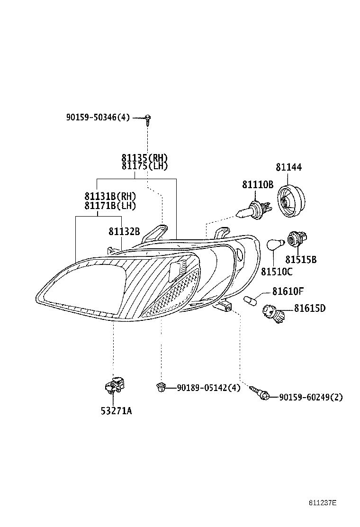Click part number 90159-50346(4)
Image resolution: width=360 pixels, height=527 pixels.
click(98, 118)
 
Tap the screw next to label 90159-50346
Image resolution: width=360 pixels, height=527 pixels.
click(148, 118)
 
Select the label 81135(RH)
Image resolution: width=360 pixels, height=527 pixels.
click(144, 158)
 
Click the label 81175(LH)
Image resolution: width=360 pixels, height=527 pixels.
click(144, 166)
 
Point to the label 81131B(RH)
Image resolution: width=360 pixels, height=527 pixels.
click(110, 196)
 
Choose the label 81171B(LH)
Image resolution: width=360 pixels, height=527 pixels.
click(110, 205)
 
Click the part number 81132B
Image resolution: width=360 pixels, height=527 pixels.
click(124, 231)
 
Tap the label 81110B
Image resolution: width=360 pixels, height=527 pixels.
click(258, 184)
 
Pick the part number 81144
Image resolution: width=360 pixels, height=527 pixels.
click(288, 167)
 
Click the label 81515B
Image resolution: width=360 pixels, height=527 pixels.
click(301, 260)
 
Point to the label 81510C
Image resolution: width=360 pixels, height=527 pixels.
click(277, 272)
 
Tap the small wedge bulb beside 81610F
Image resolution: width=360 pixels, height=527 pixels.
click(250, 300)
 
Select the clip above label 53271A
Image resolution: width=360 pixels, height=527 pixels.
click(114, 385)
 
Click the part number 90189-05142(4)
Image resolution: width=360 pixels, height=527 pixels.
click(208, 388)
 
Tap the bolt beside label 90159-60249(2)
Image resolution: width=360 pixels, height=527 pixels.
click(260, 393)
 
